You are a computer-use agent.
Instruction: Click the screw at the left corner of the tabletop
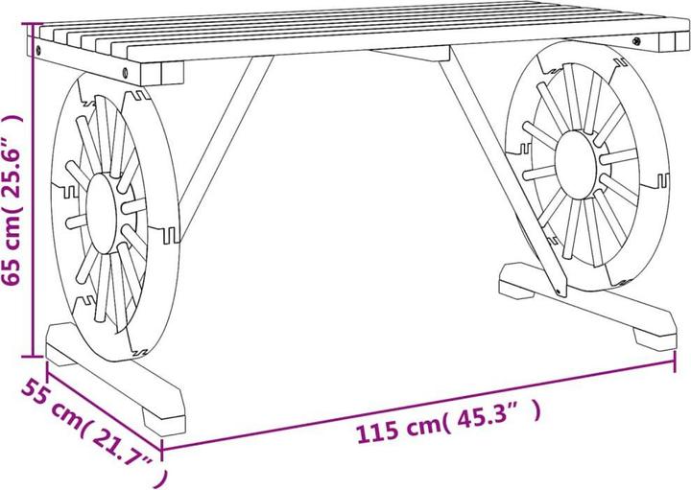coord(39,45)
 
